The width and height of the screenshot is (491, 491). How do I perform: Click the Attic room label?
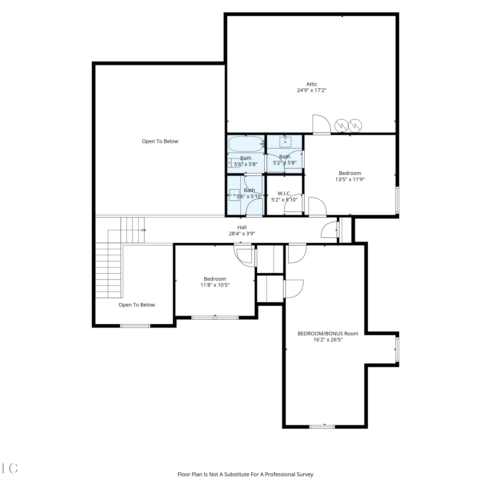tap(312, 84)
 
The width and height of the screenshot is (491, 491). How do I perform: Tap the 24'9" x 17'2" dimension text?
tap(312, 90)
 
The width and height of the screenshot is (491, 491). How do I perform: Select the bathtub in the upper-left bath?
tap(246, 144)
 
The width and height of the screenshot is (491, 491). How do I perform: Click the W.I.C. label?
tap(284, 193)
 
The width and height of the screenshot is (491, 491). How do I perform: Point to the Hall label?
tap(242, 227)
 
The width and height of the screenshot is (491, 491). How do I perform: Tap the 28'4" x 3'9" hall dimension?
tap(242, 234)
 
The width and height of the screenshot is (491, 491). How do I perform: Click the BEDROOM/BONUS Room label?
tap(328, 334)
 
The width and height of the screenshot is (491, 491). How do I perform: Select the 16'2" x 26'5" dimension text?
tap(328, 340)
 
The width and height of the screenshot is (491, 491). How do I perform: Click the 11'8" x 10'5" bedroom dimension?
tap(215, 285)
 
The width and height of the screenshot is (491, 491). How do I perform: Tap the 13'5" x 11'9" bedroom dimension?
tap(350, 179)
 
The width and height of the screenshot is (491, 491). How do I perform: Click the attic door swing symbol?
tap(322, 125)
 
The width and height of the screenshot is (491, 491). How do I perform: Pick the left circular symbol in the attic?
tap(341, 125)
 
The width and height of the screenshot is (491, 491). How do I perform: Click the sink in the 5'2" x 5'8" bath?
tap(285, 142)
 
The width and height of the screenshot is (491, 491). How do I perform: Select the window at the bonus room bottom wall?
tap(322, 427)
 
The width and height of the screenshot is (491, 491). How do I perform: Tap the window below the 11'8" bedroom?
tap(215, 318)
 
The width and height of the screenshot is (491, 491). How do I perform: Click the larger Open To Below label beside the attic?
tap(160, 141)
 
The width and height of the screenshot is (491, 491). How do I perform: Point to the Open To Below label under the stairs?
tap(136, 305)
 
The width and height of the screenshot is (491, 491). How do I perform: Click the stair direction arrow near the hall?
tap(143, 230)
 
